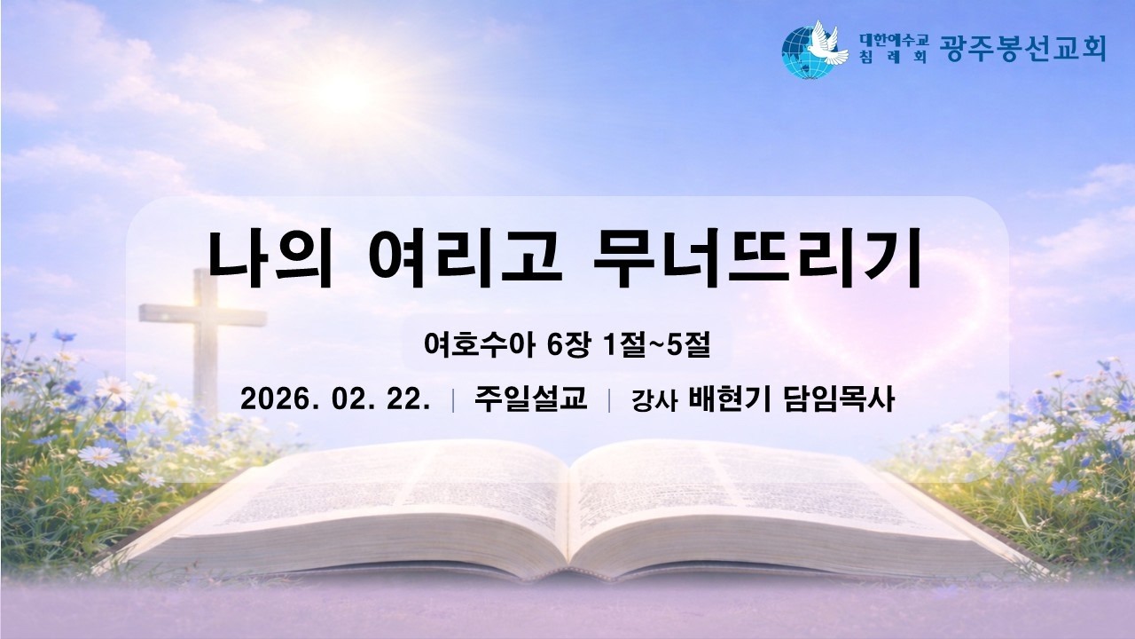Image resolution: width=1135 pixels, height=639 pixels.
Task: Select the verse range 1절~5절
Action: (655, 345)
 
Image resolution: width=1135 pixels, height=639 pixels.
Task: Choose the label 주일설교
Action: (530, 399)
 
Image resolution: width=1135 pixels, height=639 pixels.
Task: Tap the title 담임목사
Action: (839, 399)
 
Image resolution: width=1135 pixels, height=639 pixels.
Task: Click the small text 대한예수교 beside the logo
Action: (894, 39)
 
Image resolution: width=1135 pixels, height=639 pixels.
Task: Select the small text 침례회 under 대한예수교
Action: (894, 57)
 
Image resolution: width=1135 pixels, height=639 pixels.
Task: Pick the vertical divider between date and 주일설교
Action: (453, 400)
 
